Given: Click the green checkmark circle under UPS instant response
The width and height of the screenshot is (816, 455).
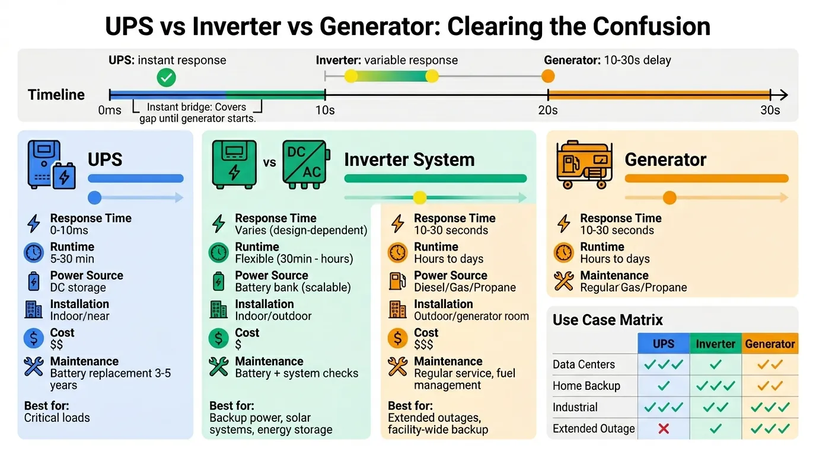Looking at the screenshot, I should pyautogui.click(x=166, y=78).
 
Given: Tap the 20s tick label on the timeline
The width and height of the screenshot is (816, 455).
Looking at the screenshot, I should pyautogui.click(x=547, y=110).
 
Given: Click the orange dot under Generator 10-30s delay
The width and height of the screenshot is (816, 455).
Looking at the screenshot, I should pyautogui.click(x=548, y=76).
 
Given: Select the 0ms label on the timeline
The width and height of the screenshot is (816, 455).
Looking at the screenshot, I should pyautogui.click(x=110, y=110).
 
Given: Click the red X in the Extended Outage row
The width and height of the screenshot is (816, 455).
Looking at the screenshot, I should pyautogui.click(x=664, y=428).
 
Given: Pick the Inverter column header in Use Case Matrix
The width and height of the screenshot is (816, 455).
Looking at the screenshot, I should pyautogui.click(x=715, y=344).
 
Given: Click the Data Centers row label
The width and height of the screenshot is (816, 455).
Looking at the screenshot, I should pyautogui.click(x=584, y=364).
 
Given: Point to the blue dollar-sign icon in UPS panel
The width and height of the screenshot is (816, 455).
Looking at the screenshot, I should pyautogui.click(x=34, y=338).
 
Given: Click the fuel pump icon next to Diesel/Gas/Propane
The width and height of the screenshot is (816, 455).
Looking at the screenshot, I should pyautogui.click(x=397, y=281).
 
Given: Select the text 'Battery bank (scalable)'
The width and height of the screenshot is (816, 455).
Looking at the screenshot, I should pyautogui.click(x=293, y=288).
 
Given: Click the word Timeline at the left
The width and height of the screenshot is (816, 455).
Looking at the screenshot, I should pyautogui.click(x=56, y=95).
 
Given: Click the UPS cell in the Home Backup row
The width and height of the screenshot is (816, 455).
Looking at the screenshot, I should pyautogui.click(x=664, y=386).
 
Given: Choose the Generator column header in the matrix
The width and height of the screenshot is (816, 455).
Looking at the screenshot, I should pyautogui.click(x=770, y=344).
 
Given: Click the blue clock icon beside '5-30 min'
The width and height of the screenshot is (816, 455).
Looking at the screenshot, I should pyautogui.click(x=34, y=253).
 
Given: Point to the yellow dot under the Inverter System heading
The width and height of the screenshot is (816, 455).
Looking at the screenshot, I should pyautogui.click(x=420, y=198).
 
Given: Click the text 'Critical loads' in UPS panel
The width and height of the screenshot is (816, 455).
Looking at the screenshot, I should pyautogui.click(x=57, y=418).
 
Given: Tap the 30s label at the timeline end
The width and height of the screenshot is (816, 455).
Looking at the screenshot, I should pyautogui.click(x=770, y=110).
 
